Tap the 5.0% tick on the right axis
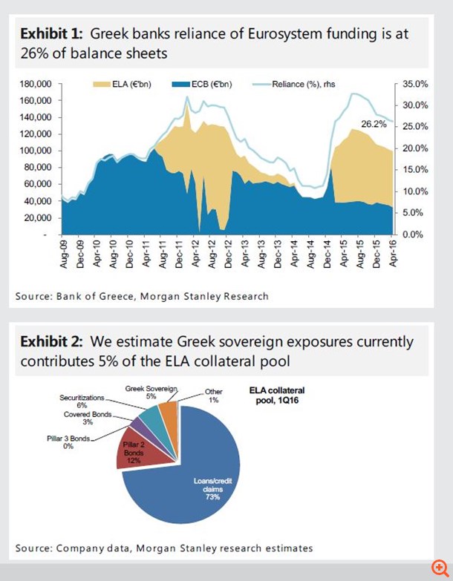pyautogui.click(x=417, y=213)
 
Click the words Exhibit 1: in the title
pyautogui.click(x=50, y=34)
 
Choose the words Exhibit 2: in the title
pyautogui.click(x=50, y=342)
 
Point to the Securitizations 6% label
pyautogui.click(x=82, y=401)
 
